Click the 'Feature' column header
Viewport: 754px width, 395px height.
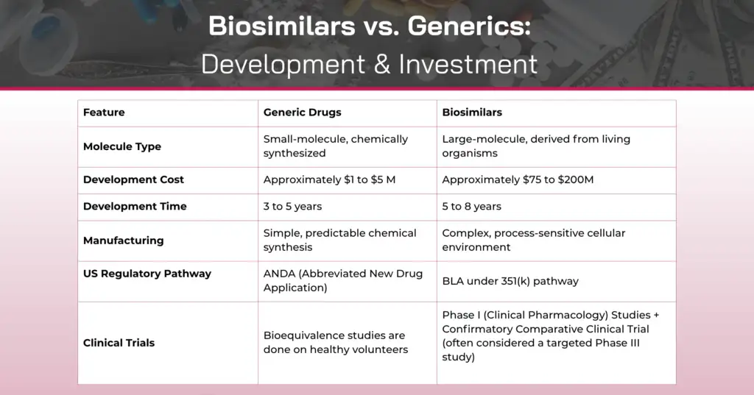click(x=104, y=113)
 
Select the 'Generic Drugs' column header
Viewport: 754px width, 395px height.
click(x=302, y=113)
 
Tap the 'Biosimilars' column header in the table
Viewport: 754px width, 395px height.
click(x=472, y=113)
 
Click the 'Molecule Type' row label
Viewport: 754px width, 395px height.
click(x=122, y=146)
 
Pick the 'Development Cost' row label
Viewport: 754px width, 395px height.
click(x=133, y=179)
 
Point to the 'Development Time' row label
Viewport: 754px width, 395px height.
click(x=135, y=207)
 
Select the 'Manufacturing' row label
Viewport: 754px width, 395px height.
click(x=123, y=241)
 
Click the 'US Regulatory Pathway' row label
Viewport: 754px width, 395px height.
click(x=147, y=274)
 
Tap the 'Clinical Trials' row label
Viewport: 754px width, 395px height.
click(x=119, y=343)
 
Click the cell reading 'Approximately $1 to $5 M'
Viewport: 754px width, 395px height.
click(x=329, y=179)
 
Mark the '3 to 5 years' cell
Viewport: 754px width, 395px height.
click(x=292, y=207)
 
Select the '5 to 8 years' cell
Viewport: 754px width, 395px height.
click(x=471, y=207)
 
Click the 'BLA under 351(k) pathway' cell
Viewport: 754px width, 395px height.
click(x=510, y=281)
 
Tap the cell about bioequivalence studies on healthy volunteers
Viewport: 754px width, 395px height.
click(x=335, y=343)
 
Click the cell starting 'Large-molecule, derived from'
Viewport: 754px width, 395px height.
click(x=535, y=146)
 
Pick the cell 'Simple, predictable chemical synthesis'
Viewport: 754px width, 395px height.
click(x=339, y=241)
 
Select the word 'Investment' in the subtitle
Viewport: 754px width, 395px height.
click(x=468, y=64)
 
